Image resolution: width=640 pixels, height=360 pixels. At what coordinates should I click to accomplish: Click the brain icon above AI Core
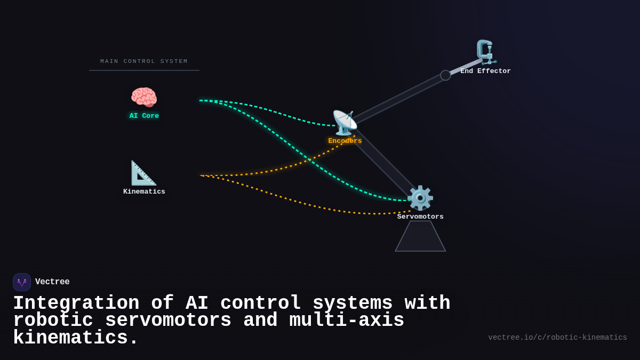[x=144, y=98]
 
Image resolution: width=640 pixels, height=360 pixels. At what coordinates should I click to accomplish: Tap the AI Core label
[x=144, y=116]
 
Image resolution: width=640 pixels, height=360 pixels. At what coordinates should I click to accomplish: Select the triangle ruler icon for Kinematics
[x=143, y=173]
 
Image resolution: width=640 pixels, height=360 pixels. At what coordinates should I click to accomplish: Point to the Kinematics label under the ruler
[x=144, y=191]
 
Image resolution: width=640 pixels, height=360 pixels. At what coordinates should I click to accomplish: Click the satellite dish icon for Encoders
[x=345, y=123]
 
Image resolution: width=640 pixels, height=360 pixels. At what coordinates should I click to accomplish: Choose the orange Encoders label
[x=345, y=141]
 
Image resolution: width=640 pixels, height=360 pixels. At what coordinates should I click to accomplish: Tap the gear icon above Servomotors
[x=420, y=198]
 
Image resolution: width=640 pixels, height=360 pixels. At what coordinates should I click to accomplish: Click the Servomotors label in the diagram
[x=420, y=217]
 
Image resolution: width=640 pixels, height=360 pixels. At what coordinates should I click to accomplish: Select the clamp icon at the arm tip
[x=485, y=52]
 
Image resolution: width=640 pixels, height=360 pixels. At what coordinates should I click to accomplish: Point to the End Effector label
[x=485, y=71]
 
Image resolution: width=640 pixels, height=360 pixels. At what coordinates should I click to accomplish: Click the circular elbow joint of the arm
[x=445, y=75]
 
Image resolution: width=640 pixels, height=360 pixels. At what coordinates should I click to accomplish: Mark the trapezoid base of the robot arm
[x=420, y=237]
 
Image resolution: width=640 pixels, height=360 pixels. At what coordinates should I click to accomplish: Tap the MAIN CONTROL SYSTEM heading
[x=144, y=61]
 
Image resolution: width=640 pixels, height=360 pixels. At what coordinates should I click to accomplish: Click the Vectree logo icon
[x=22, y=282]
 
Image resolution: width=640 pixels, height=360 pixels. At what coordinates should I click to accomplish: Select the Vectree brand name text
[x=52, y=282]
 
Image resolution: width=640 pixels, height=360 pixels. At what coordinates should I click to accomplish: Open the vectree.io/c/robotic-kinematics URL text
[x=557, y=338]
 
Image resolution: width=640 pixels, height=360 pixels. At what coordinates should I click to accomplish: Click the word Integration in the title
[x=76, y=303]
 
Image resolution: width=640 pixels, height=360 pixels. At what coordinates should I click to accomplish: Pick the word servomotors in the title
[x=168, y=321]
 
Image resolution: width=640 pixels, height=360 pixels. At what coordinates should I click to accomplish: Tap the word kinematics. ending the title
[x=76, y=338]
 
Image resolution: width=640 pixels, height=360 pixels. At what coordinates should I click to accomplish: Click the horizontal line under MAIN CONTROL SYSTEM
[x=144, y=70]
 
